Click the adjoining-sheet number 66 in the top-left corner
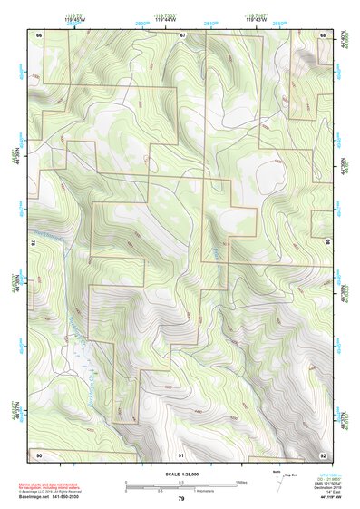39,34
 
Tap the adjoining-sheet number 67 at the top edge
181,34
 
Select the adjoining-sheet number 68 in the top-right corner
323,34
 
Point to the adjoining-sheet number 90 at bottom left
39,454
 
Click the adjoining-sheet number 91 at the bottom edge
181,454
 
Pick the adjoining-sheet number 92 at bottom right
323,454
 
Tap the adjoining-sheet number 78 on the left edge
34,243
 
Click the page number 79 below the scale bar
181,499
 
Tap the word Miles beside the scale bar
241,481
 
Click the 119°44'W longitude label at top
166,20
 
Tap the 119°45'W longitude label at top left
74,20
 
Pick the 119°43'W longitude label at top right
257,20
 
